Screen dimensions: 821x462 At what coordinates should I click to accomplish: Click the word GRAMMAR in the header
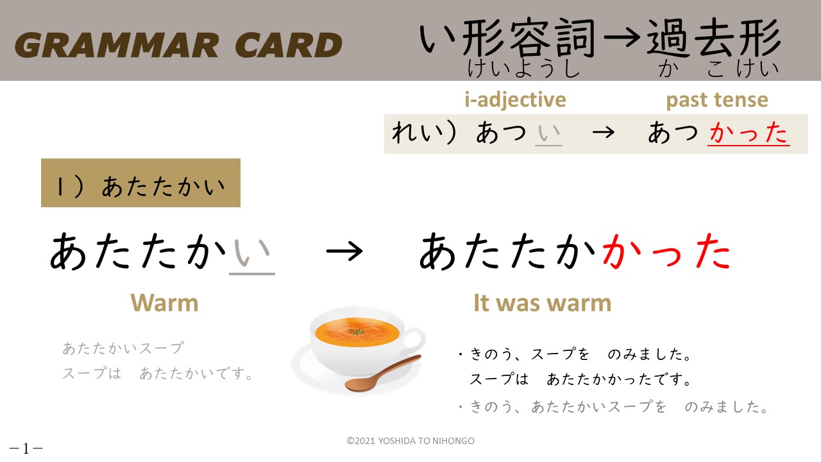point(117,45)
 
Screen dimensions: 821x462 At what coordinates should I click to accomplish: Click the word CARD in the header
point(289,45)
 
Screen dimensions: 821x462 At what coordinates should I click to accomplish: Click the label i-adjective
point(515,99)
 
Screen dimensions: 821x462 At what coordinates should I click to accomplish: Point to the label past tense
point(717,99)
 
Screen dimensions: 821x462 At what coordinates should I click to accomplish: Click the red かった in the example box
point(749,132)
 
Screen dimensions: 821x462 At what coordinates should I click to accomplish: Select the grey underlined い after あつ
point(548,133)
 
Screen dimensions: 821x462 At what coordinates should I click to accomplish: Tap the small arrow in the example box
point(604,132)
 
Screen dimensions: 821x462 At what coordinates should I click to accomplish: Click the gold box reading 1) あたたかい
point(140,183)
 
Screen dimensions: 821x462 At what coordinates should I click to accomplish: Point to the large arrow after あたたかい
point(344,252)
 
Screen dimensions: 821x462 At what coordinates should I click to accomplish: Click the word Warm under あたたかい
point(164,304)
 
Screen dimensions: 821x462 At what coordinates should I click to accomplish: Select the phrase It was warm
point(543,304)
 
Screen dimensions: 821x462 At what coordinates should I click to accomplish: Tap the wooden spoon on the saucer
point(383,373)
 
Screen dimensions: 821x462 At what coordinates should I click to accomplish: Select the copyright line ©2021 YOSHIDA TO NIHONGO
point(410,441)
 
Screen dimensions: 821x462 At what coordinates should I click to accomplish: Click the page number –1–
point(26,448)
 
